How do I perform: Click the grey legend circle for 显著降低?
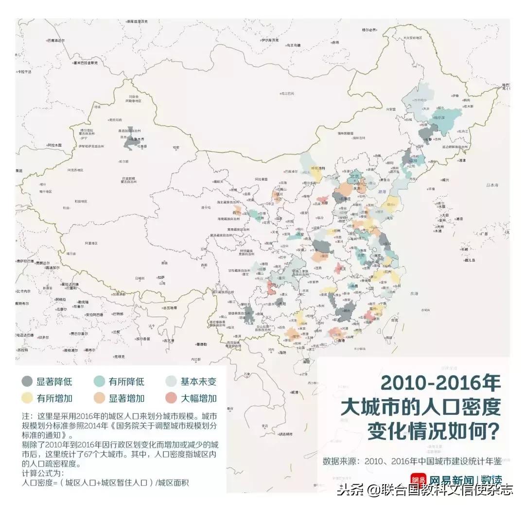pyautogui.click(x=27, y=381)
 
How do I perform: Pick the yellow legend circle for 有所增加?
pyautogui.click(x=27, y=398)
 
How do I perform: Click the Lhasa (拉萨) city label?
pyautogui.click(x=161, y=277)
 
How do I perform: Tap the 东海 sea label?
pyautogui.click(x=414, y=293)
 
